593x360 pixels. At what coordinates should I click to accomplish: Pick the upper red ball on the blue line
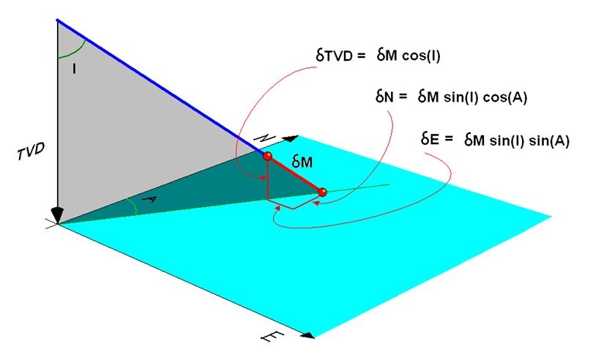(x=268, y=156)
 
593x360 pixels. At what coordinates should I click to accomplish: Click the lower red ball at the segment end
(x=322, y=192)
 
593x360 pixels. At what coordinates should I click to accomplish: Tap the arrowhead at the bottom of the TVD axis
(x=58, y=215)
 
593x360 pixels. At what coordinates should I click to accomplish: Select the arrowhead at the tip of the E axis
(x=310, y=335)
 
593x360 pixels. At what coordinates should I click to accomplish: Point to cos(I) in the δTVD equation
(x=422, y=56)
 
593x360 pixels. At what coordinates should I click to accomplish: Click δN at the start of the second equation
(x=384, y=97)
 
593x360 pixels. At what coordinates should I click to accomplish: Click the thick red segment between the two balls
(x=295, y=174)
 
